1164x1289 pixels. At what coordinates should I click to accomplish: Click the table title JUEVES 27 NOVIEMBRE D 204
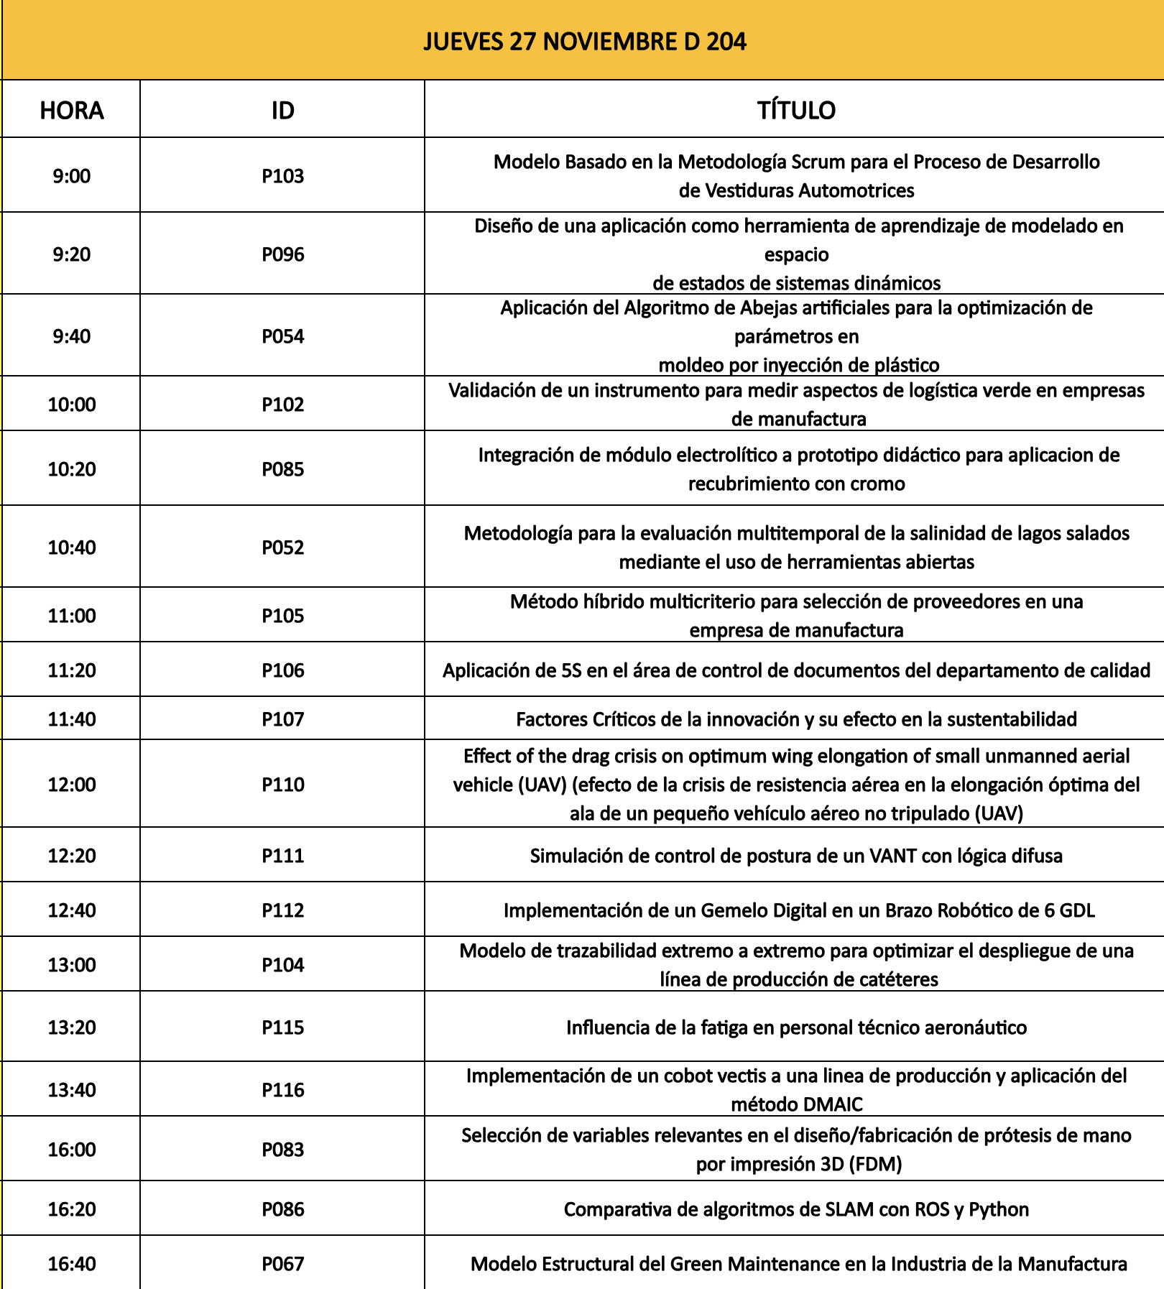point(584,42)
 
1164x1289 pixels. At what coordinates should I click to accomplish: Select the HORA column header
point(72,111)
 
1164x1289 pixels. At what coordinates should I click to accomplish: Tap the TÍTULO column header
point(796,111)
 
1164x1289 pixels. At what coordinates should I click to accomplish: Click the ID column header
point(282,111)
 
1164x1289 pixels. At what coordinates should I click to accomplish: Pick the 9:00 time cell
point(72,176)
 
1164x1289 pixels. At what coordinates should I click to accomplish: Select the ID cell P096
point(282,254)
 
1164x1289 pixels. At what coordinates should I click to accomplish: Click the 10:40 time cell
point(72,548)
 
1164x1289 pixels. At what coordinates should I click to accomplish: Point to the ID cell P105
point(282,616)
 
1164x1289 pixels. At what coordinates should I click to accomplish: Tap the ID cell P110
point(282,785)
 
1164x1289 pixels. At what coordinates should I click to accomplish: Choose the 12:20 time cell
point(72,856)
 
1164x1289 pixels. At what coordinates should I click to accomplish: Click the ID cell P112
point(282,910)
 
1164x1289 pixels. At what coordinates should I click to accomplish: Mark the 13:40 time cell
point(72,1090)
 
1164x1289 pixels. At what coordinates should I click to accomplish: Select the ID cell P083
point(282,1150)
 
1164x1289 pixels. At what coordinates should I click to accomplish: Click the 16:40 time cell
point(72,1264)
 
